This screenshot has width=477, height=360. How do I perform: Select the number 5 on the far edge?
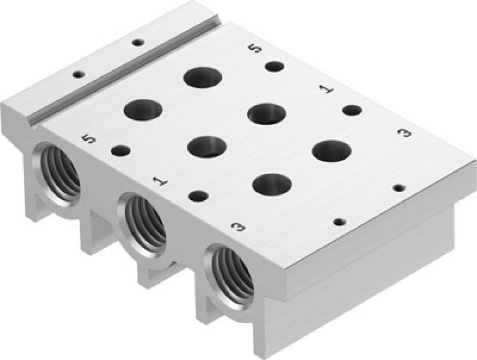253,48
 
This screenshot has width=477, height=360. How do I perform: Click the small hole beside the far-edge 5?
274,66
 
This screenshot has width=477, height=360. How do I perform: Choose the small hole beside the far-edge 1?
352,110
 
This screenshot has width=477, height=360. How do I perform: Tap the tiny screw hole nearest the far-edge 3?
399,188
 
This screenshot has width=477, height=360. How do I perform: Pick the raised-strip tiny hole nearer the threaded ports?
78,74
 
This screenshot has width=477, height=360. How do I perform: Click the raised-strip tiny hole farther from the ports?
137,42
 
